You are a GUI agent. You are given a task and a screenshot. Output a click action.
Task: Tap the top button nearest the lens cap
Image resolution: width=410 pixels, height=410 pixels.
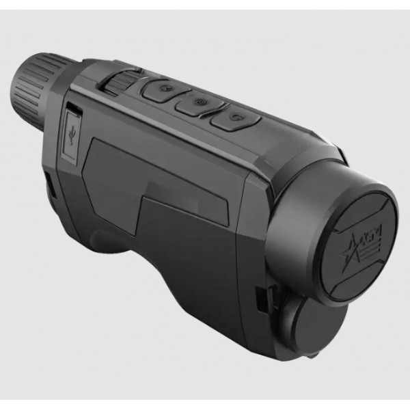tap(234, 119)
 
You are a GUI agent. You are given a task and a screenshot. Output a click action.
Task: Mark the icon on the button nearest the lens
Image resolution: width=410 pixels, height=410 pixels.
tap(234, 118)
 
